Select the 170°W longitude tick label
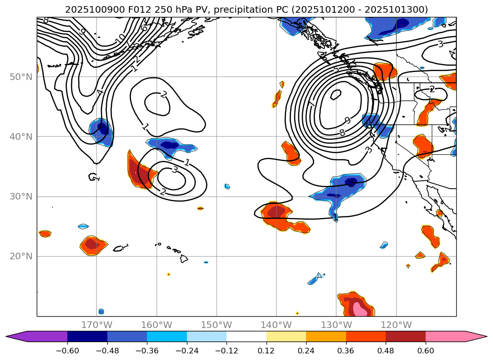click(97, 325)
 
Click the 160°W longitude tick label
click(156, 325)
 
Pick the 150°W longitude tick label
click(216, 325)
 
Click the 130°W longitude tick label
click(336, 325)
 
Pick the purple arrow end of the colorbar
click(19, 336)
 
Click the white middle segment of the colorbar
click(246, 336)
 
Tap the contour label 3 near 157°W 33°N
click(174, 170)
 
